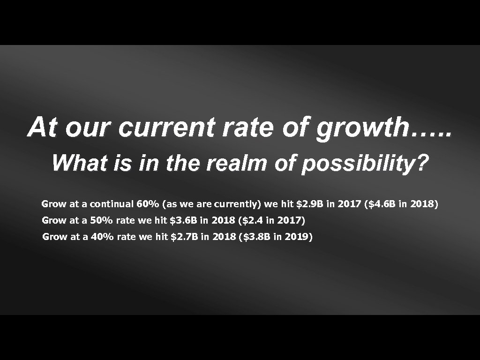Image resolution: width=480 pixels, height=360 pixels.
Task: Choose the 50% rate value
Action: click(102, 220)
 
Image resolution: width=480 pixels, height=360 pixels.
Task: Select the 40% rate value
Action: click(102, 237)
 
